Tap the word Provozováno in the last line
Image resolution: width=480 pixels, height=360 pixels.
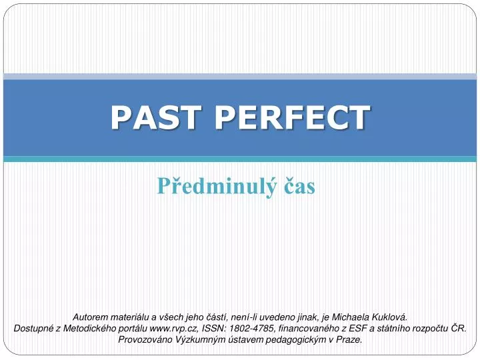143,339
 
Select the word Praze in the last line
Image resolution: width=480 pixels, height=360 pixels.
349,339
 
